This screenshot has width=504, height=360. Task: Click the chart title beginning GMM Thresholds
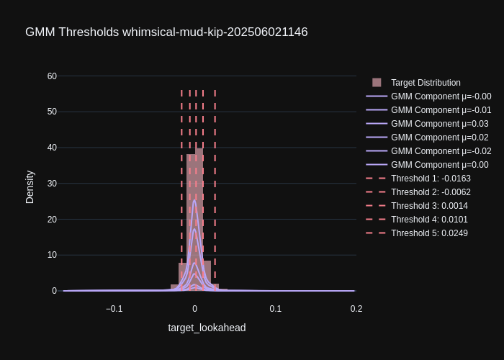click(x=166, y=32)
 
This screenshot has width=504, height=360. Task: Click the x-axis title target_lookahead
click(x=207, y=328)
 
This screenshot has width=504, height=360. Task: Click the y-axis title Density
click(x=30, y=187)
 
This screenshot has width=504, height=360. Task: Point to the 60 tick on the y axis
click(x=52, y=76)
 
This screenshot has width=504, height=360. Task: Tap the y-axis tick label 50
click(x=52, y=112)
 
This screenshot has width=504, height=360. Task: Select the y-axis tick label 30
click(x=52, y=184)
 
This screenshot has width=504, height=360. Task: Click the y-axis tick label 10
click(x=52, y=255)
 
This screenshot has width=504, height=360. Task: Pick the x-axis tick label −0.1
click(x=114, y=309)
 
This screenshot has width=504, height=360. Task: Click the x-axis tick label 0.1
click(x=276, y=309)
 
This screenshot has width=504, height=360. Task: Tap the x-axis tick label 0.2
click(x=356, y=309)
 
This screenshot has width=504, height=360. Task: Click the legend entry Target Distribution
click(x=426, y=83)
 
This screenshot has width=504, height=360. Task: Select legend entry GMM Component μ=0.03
click(x=439, y=124)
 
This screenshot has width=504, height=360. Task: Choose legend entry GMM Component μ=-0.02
click(x=441, y=151)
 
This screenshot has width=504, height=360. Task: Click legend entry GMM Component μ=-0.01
click(x=441, y=110)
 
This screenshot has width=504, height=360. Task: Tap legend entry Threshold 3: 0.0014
click(x=429, y=206)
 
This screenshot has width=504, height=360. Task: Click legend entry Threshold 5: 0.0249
click(x=429, y=233)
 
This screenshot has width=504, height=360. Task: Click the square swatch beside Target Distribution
click(x=377, y=83)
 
